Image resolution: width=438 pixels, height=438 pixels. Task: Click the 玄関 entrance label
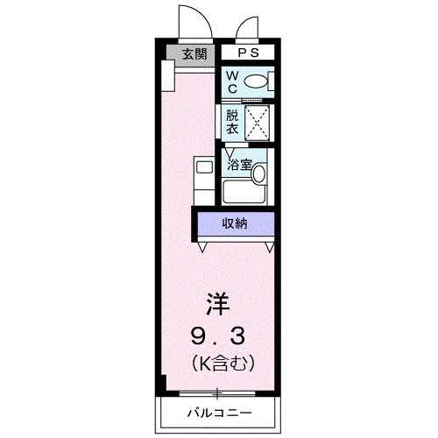click(194, 54)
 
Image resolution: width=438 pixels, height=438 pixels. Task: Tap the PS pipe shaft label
click(247, 53)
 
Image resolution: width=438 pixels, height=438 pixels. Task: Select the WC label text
click(232, 82)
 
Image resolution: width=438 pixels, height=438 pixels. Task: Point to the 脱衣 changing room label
click(232, 121)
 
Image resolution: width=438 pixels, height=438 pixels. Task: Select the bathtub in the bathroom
click(244, 192)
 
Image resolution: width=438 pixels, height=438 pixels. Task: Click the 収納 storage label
click(234, 223)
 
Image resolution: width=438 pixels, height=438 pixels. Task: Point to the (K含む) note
click(219, 361)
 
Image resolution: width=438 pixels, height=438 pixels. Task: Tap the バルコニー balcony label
click(218, 412)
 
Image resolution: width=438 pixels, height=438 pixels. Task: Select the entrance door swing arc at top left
click(194, 19)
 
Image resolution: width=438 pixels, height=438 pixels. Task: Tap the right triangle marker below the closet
click(270, 247)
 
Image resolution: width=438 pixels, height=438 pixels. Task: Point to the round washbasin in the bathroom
click(259, 173)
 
